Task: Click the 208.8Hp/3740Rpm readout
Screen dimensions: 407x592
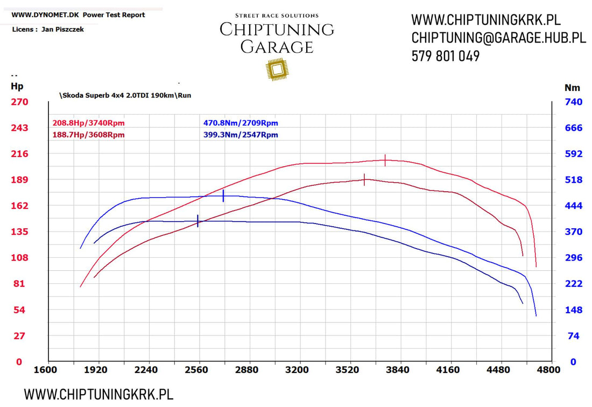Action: pos(89,123)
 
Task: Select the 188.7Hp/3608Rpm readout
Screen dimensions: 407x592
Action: pos(89,135)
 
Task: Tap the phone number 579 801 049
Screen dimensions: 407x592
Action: pos(446,56)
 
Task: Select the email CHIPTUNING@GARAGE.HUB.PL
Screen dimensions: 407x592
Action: pos(498,38)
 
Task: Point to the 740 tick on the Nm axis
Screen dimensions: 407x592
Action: pos(573,102)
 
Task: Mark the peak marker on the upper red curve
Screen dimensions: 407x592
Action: pos(385,160)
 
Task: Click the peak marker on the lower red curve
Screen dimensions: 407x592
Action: pos(364,180)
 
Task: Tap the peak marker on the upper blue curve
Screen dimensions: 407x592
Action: pos(223,196)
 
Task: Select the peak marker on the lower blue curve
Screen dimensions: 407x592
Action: pos(198,221)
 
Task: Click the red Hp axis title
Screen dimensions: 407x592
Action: pos(17,86)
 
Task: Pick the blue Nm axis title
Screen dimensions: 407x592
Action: pos(572,87)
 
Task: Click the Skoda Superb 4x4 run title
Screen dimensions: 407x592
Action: pos(125,95)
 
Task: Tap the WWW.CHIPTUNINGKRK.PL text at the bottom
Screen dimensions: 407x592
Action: pos(98,394)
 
